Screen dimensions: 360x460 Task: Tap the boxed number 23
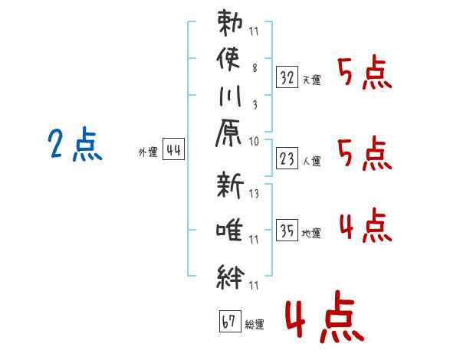pyautogui.click(x=287, y=159)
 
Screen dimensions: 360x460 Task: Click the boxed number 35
pyautogui.click(x=287, y=230)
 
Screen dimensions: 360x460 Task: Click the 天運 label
pyautogui.click(x=312, y=80)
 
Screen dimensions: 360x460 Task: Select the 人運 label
pyautogui.click(x=312, y=162)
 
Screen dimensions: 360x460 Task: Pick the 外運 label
pyautogui.click(x=148, y=152)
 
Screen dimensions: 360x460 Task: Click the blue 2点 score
pyautogui.click(x=75, y=145)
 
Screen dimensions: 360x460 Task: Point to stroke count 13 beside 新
pyautogui.click(x=255, y=193)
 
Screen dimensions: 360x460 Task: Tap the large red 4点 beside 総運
pyautogui.click(x=323, y=319)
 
